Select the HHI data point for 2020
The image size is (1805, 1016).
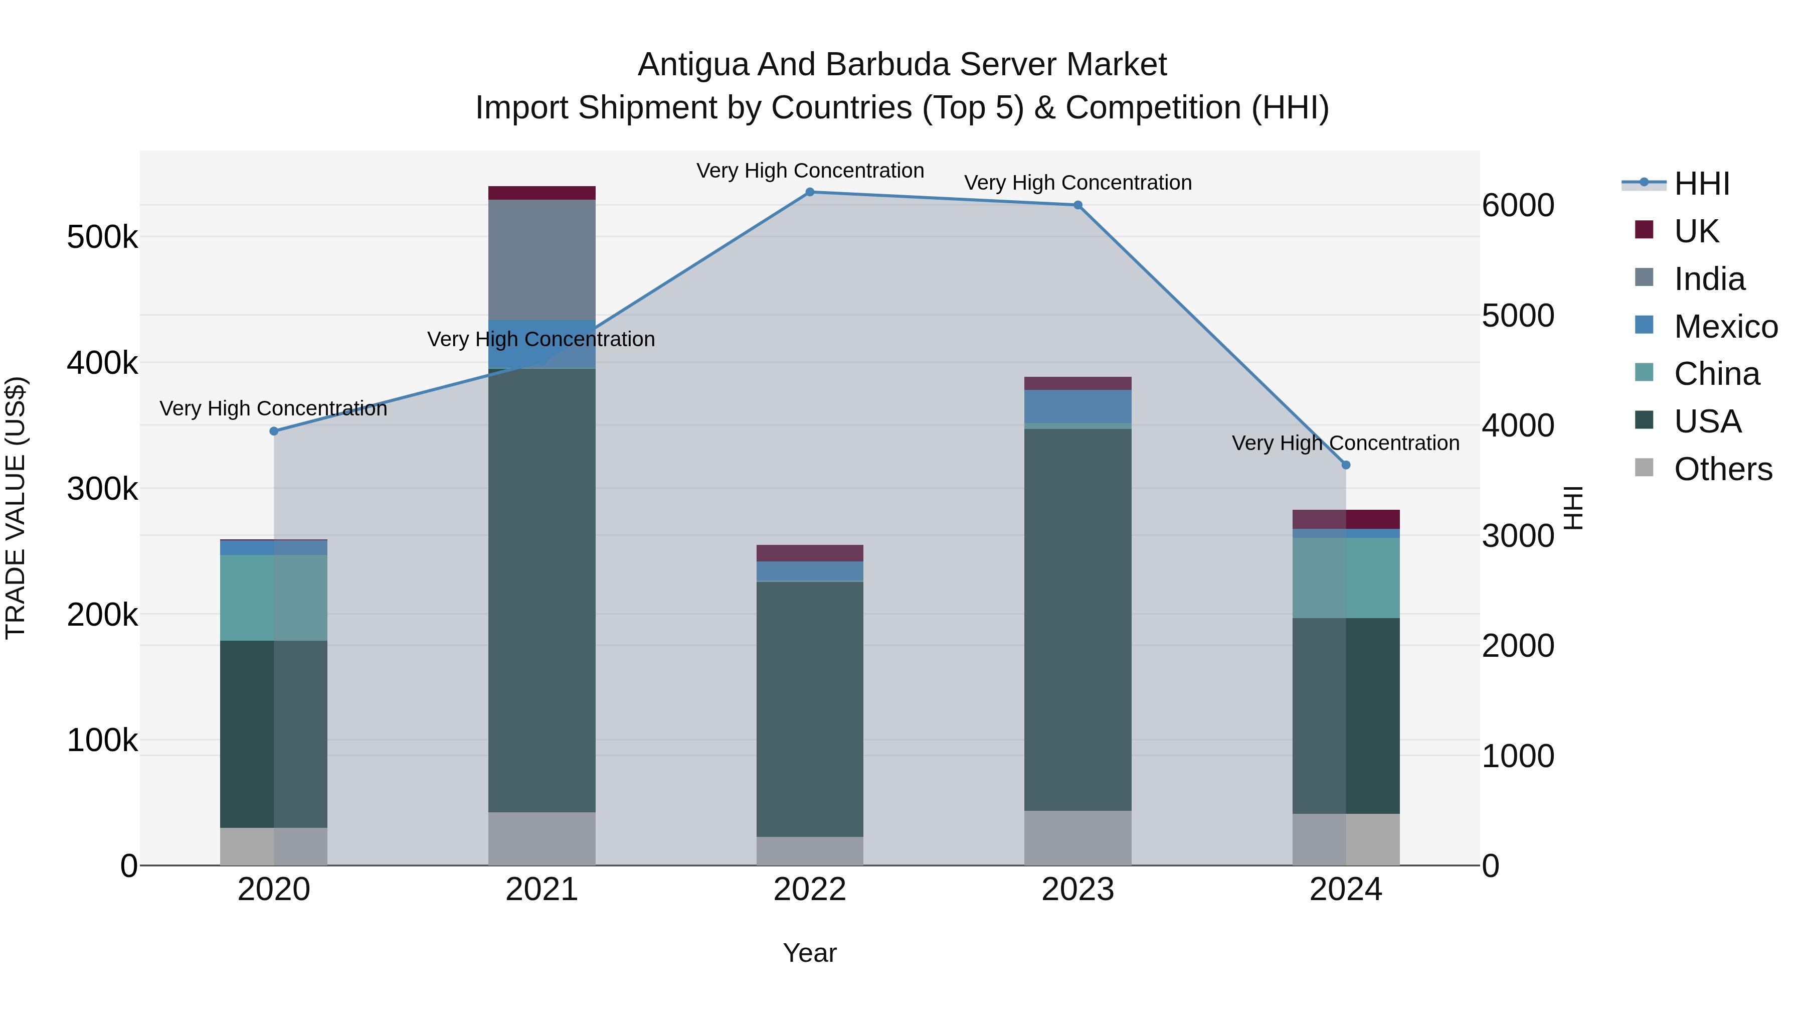(274, 431)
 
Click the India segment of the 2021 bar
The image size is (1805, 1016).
(541, 259)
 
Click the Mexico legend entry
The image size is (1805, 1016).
(1725, 327)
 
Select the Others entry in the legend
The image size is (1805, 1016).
(1722, 469)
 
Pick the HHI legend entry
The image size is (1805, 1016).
(1701, 184)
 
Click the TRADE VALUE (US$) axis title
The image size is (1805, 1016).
(16, 508)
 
